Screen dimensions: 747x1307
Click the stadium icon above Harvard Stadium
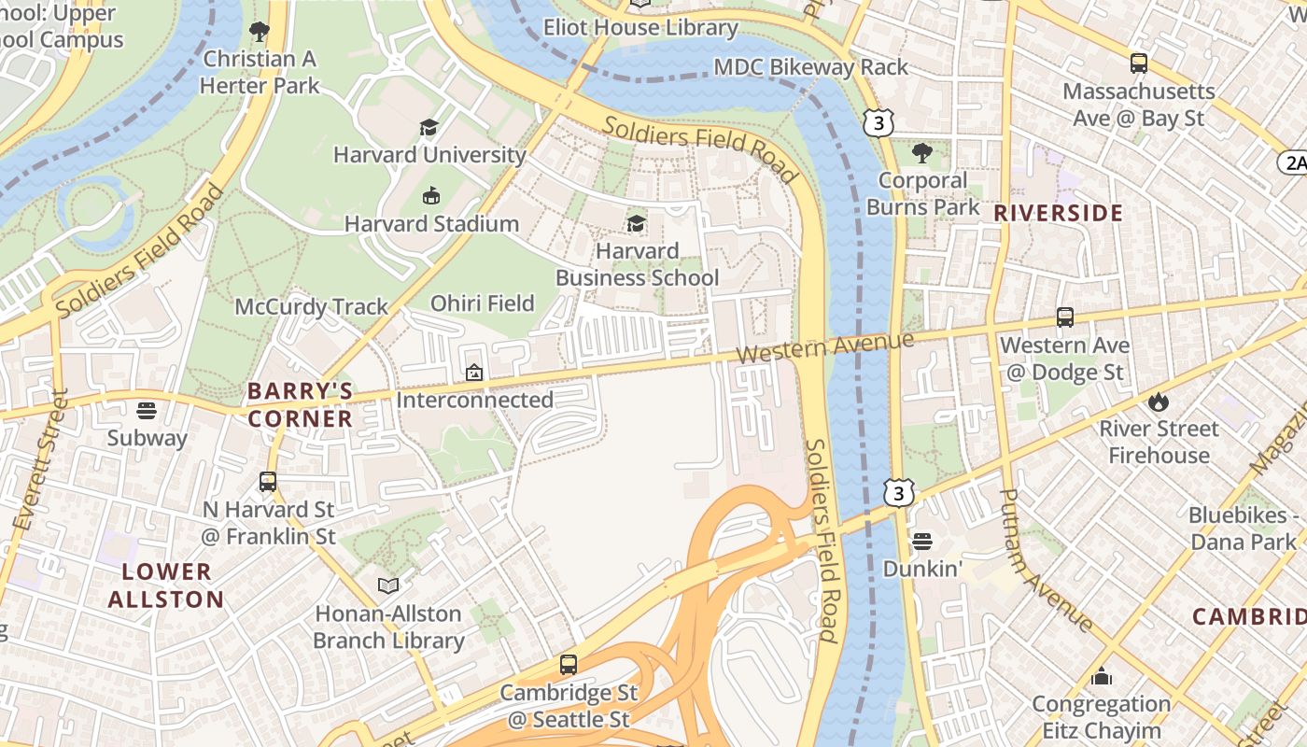point(430,196)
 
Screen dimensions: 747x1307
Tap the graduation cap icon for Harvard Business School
point(636,223)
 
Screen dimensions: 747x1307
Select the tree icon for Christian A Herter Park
point(260,33)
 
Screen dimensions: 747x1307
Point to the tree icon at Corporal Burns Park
point(921,152)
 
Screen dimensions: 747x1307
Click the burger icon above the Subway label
point(146,410)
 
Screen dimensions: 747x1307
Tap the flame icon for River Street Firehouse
point(1159,402)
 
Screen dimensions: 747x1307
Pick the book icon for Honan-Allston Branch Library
point(388,586)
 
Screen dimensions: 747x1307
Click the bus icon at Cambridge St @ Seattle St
point(568,665)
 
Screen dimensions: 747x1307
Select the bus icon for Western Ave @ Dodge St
point(1064,317)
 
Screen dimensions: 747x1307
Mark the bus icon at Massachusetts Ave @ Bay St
point(1138,63)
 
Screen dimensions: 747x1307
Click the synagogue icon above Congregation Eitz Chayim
point(1102,676)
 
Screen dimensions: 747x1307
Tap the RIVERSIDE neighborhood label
point(1058,213)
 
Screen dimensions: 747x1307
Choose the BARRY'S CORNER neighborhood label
point(300,404)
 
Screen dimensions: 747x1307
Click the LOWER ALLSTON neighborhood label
point(166,585)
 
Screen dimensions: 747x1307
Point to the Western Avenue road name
point(824,347)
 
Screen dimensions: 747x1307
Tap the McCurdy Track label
point(311,307)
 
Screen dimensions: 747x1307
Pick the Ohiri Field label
point(482,303)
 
